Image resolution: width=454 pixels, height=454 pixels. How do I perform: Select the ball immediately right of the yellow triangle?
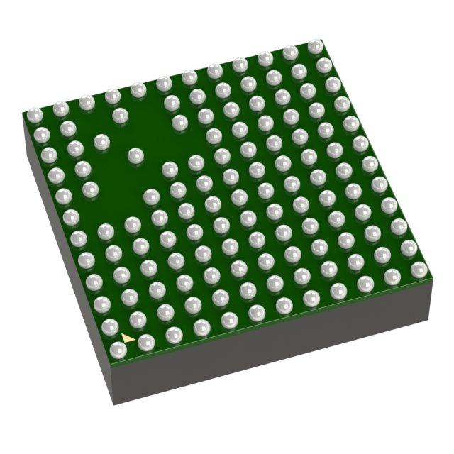point(146,343)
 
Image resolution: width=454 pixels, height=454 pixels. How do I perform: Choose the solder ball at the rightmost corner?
point(420,269)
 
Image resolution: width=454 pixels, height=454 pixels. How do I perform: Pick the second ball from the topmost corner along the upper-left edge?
point(289,53)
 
